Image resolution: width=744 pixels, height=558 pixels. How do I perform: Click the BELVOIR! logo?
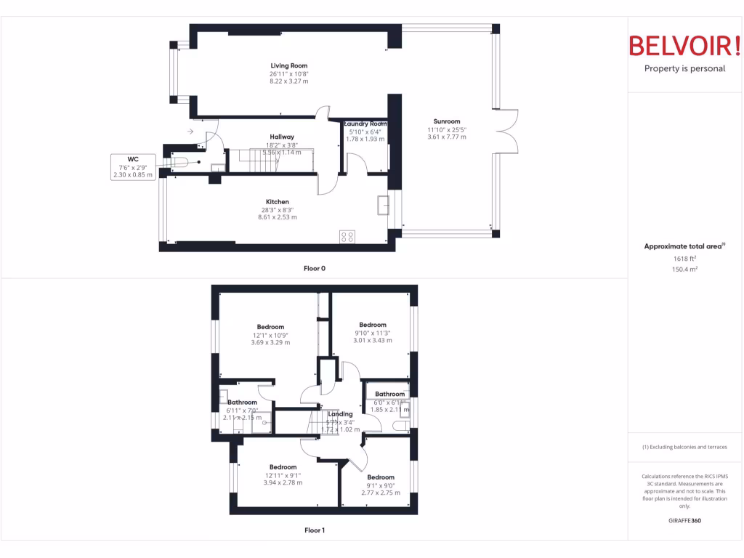point(684,46)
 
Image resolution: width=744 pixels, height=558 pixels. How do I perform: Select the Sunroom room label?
point(447,121)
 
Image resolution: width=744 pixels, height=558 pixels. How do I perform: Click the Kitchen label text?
point(278,202)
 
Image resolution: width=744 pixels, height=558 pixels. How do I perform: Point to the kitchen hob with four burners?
point(347,236)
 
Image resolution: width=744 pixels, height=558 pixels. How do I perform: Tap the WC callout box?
point(133,166)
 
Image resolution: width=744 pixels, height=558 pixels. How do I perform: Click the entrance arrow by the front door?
point(190,132)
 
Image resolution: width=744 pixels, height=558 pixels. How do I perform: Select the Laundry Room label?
point(365,124)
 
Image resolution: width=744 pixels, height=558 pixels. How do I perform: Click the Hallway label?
point(282,137)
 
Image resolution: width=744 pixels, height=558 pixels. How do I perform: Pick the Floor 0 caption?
point(315,268)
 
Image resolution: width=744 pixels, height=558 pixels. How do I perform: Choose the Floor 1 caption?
point(315,530)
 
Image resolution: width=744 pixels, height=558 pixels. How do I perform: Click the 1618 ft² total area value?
point(683,258)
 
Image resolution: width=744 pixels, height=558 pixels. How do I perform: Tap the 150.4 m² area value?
point(683,269)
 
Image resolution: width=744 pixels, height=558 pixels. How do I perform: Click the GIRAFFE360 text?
point(684,520)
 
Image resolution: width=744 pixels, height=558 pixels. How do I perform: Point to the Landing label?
point(340,414)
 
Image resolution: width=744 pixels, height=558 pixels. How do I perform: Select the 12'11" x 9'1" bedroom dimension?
point(283,475)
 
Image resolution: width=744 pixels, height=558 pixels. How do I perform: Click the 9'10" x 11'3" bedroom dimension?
point(373,333)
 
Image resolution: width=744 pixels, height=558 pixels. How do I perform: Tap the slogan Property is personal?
point(684,69)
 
